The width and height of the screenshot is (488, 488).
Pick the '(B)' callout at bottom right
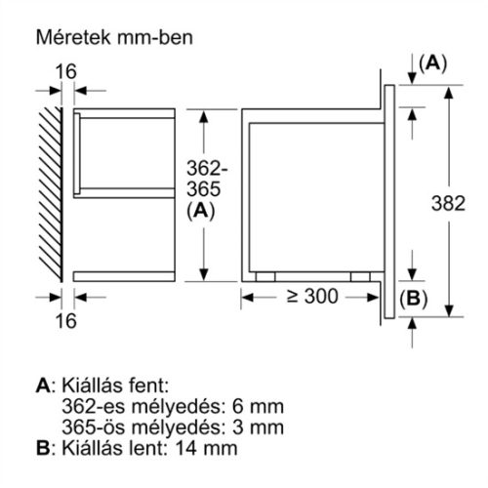tap(413, 300)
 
